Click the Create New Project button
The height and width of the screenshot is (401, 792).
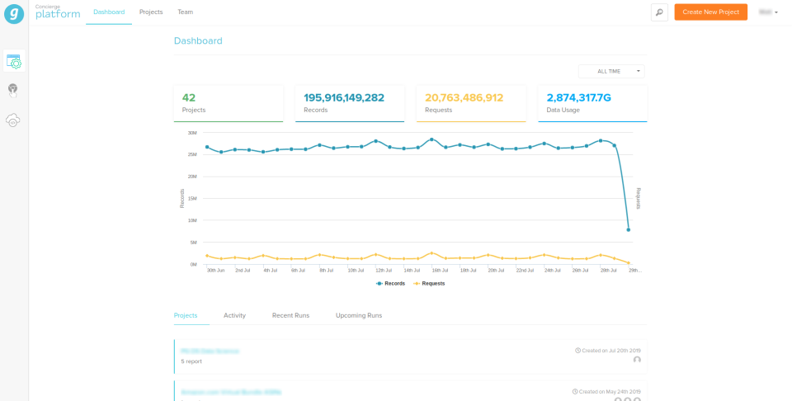click(x=710, y=12)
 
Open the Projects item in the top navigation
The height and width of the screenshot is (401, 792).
click(x=151, y=12)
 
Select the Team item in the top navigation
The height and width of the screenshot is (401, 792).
click(x=185, y=12)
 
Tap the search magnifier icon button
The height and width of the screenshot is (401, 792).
click(x=659, y=12)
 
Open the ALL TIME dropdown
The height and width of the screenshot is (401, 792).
click(x=611, y=72)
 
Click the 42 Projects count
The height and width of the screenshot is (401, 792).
click(x=189, y=97)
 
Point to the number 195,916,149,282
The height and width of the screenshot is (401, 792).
click(x=344, y=97)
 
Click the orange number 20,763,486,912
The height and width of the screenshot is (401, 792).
click(x=464, y=97)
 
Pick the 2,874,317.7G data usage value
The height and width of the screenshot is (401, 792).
click(x=578, y=97)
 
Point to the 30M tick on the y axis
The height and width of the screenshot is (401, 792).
click(x=191, y=133)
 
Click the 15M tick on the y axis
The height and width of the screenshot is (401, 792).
click(x=191, y=199)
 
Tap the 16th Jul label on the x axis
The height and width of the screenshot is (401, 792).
click(x=440, y=271)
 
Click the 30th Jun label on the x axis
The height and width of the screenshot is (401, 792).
click(x=215, y=271)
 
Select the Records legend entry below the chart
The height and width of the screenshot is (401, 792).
click(x=390, y=284)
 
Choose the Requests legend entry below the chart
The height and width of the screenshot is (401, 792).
click(x=429, y=284)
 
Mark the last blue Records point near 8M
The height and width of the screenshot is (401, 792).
click(x=629, y=229)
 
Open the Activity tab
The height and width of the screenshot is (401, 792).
click(x=234, y=316)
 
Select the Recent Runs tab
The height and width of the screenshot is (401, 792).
click(x=290, y=316)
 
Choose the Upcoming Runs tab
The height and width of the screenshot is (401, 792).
click(x=358, y=316)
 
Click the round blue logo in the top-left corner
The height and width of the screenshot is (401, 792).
click(x=13, y=13)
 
